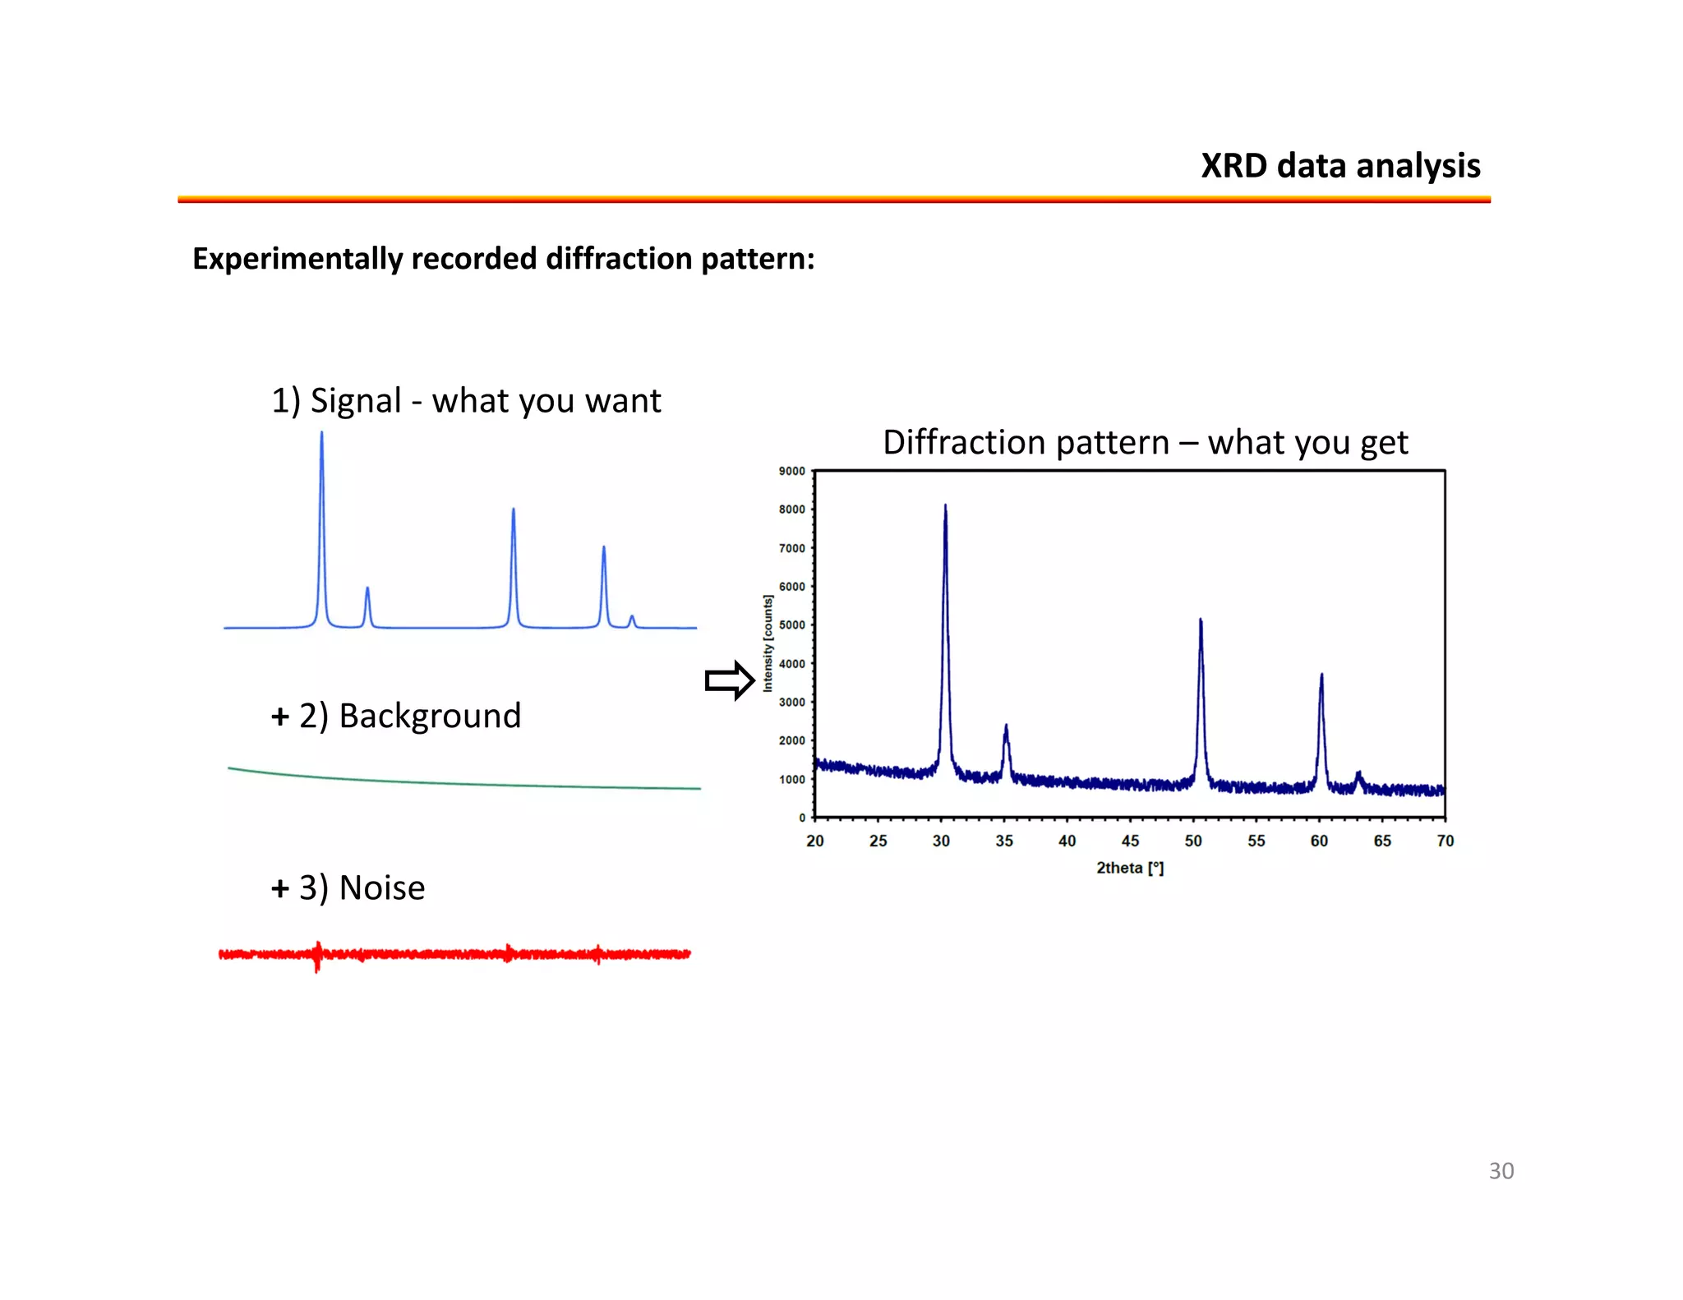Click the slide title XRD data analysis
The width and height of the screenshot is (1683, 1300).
(1340, 166)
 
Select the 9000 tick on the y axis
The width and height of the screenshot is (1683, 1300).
(791, 471)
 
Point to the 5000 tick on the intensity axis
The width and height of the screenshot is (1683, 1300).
(791, 625)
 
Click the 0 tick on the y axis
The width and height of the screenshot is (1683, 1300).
(802, 818)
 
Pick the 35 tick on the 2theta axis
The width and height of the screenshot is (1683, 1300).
(1004, 841)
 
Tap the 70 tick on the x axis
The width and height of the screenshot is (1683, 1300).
(1446, 841)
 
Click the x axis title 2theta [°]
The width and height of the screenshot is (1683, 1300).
(1130, 868)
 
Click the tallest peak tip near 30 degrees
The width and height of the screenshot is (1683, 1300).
(945, 507)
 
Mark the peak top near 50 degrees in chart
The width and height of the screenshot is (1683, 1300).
(1201, 621)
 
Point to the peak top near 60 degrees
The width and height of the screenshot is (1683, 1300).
(1321, 676)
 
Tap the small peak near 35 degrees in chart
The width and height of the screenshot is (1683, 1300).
(1006, 727)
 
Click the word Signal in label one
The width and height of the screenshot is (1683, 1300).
(356, 401)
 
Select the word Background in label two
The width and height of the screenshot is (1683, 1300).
(430, 716)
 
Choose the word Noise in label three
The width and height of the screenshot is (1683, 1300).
(382, 888)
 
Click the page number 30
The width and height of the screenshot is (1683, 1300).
(1501, 1171)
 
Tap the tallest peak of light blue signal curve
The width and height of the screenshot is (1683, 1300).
(321, 434)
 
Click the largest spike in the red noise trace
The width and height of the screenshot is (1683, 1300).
(317, 957)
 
